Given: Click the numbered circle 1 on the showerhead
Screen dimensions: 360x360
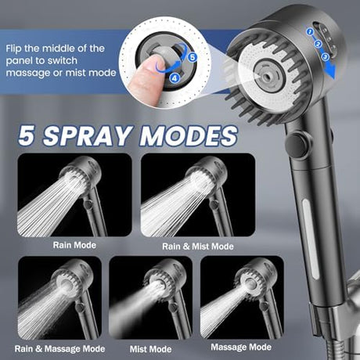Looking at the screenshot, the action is (x=310, y=32).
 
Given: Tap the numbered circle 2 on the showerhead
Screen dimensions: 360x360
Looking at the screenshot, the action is (x=318, y=44).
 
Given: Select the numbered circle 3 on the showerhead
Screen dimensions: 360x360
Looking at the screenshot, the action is (x=325, y=56).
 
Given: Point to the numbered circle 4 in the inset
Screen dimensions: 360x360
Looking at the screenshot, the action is (x=175, y=77).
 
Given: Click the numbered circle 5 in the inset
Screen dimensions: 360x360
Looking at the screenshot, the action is (x=193, y=57).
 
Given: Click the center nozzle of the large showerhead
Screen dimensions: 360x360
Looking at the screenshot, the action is (x=267, y=75).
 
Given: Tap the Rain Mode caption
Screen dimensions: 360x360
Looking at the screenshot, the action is (x=74, y=245).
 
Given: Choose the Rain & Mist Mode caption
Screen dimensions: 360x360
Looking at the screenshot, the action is (x=198, y=247).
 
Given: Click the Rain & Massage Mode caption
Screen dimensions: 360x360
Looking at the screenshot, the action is (x=59, y=349).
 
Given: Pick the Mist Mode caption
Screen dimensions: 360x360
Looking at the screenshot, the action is (x=150, y=349).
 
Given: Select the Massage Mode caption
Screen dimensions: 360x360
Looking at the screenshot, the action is (x=241, y=347).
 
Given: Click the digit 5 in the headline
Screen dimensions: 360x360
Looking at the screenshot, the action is (x=26, y=135).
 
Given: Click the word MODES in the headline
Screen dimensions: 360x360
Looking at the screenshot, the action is (x=189, y=135).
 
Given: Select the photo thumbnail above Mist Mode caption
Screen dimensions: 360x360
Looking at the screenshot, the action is (x=151, y=297).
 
